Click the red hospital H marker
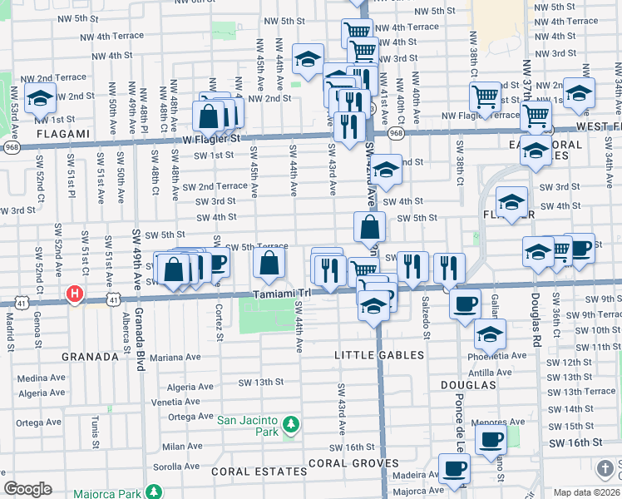(x=75, y=294)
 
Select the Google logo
(x=27, y=489)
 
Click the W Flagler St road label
(x=211, y=139)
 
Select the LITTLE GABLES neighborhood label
(x=379, y=355)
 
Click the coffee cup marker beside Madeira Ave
(x=454, y=467)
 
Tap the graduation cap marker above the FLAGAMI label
(x=40, y=99)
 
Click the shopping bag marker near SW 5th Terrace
(x=269, y=263)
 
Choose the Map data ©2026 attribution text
(x=587, y=492)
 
